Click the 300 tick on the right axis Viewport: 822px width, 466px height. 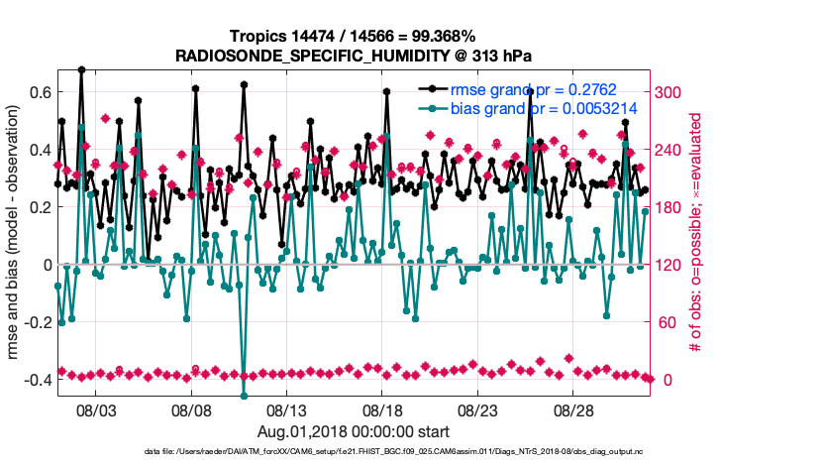tap(673, 92)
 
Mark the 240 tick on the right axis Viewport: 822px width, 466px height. tap(673, 150)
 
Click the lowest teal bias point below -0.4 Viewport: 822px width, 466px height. tap(244, 396)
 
